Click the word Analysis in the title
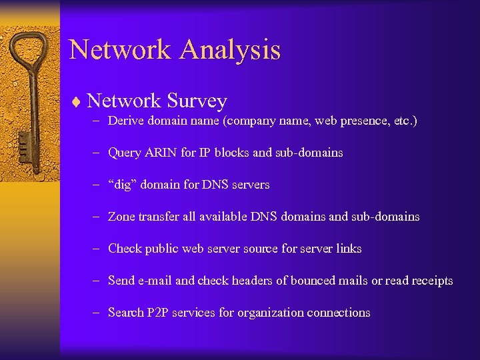[x=230, y=50]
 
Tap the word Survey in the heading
[x=197, y=101]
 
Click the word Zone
[x=122, y=217]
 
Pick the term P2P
[x=157, y=313]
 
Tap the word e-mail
[x=155, y=281]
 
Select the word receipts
[x=428, y=281]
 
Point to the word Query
[x=124, y=153]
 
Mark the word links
[x=349, y=249]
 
